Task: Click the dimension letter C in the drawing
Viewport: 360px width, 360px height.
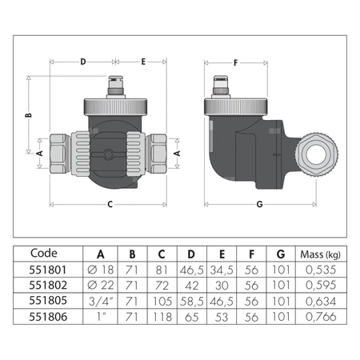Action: coord(109,204)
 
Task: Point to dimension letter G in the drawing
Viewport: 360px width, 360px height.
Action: coord(258,204)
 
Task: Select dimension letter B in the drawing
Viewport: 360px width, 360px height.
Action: coord(28,114)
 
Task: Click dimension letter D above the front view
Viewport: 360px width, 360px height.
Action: coord(82,60)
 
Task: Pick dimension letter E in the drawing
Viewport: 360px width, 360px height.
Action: coord(142,60)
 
